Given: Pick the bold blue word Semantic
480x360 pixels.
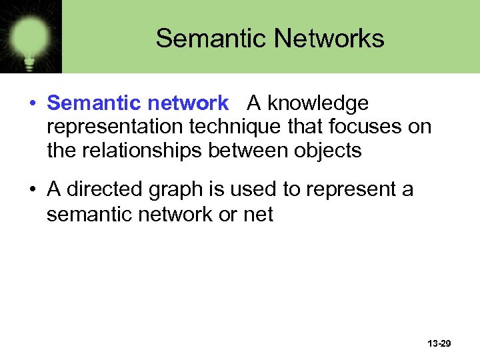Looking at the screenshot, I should pyautogui.click(x=94, y=103).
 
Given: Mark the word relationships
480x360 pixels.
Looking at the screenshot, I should pyautogui.click(x=143, y=151).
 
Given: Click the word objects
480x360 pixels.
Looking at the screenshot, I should pyautogui.click(x=327, y=151).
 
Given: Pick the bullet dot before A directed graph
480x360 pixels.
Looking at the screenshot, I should pyautogui.click(x=31, y=191).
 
